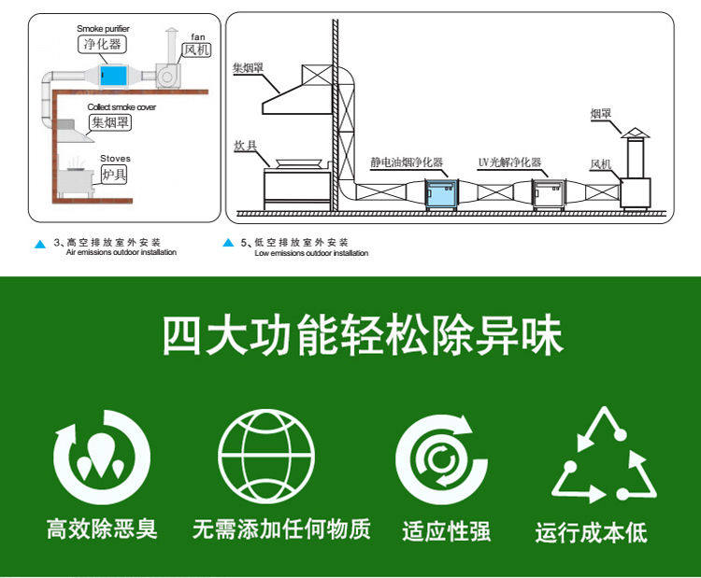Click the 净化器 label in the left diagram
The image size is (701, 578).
coord(102,43)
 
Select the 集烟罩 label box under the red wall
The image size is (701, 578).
coord(109,121)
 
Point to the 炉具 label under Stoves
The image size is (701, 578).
coord(114,174)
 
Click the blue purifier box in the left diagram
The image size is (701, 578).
coord(113,73)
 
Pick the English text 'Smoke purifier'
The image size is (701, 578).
coord(103,29)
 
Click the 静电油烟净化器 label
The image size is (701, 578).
coord(407,162)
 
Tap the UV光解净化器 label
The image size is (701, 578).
coord(509,162)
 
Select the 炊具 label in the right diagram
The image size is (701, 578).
coord(245,146)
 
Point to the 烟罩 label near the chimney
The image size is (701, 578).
coord(600,114)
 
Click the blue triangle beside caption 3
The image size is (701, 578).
coord(40,244)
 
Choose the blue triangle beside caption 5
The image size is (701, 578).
coord(228,244)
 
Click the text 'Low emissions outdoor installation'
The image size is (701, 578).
coord(311,253)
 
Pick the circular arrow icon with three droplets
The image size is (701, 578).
coord(101,458)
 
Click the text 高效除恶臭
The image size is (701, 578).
coord(102,529)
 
